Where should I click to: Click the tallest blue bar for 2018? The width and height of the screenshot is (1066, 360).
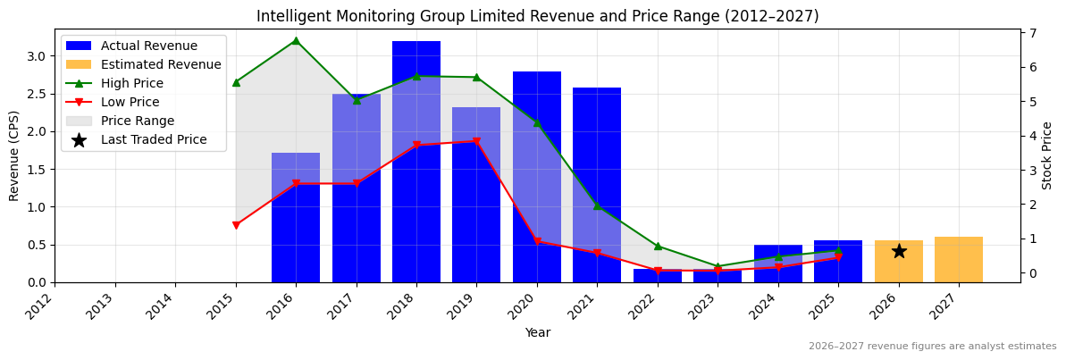point(416,161)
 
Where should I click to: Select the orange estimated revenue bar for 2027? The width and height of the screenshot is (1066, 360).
point(959,259)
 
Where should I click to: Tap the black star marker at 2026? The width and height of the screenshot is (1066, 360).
point(899,251)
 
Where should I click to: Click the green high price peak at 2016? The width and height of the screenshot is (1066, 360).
point(296,40)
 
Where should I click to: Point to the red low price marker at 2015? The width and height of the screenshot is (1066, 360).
point(236,225)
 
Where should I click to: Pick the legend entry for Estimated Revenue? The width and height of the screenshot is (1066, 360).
point(161,64)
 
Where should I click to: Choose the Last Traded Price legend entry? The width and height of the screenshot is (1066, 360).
point(154,139)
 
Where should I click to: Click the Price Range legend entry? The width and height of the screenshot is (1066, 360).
point(138,121)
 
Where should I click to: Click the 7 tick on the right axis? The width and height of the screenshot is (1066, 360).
point(1033,33)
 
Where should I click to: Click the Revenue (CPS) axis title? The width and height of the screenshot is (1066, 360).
point(14,155)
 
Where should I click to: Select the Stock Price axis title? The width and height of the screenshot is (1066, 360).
point(1047,155)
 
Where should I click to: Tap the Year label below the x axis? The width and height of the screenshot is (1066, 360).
point(537,332)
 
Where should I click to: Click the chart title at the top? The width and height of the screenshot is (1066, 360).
point(537,16)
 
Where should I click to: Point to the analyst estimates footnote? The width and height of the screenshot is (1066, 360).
point(932,347)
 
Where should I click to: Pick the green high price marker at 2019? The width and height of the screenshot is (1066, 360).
point(476,77)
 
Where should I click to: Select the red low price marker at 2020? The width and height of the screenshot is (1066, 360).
point(537,241)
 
